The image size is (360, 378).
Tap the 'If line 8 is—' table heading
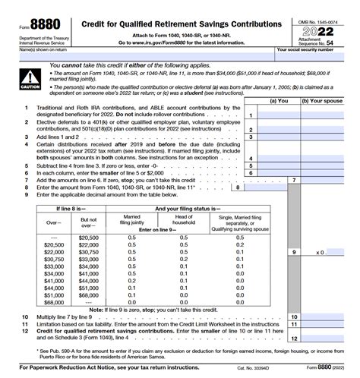[69, 207]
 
